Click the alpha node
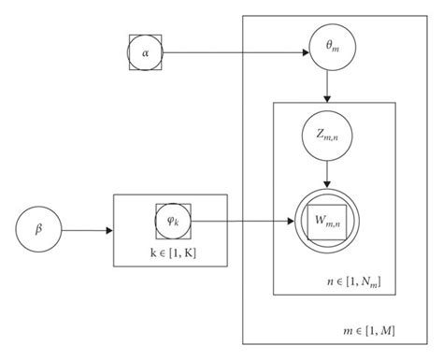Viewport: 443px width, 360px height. tap(145, 53)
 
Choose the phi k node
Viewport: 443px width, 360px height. tap(171, 222)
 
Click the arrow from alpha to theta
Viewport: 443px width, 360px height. tap(234, 53)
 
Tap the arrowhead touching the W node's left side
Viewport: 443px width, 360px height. tap(291, 223)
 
